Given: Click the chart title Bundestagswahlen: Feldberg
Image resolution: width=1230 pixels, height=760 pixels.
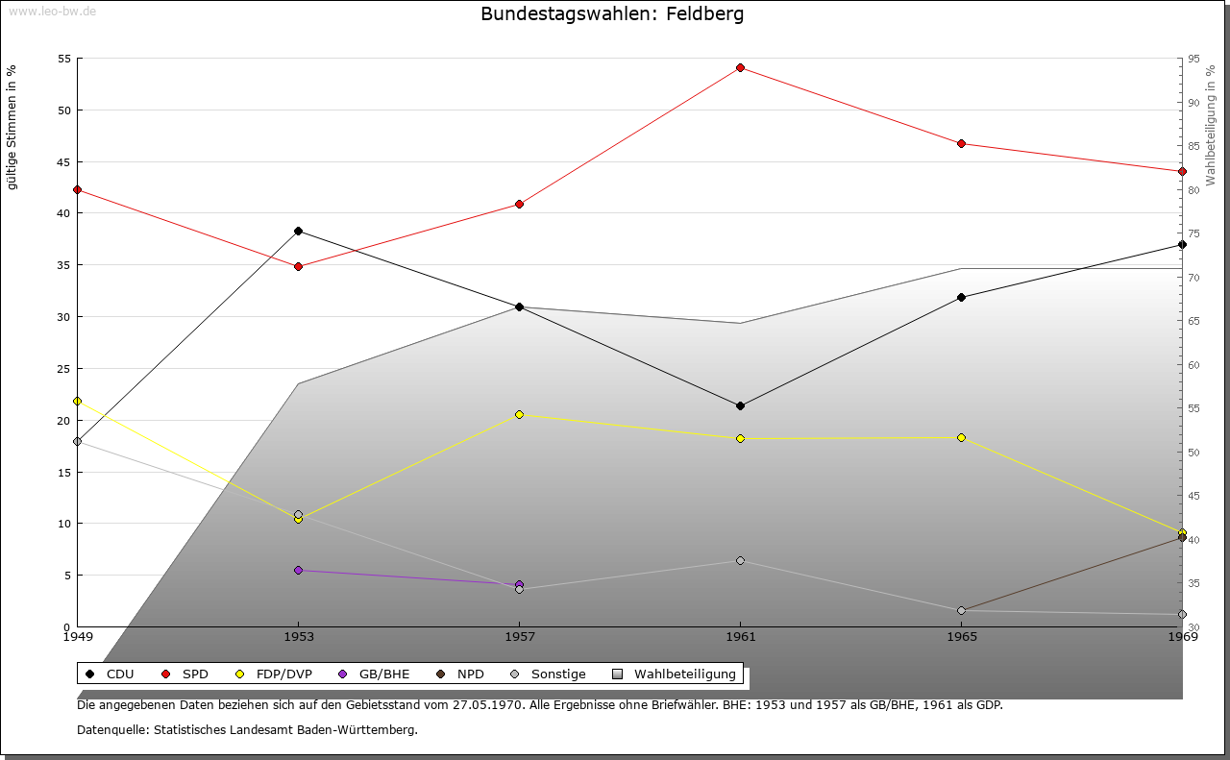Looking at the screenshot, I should (612, 13).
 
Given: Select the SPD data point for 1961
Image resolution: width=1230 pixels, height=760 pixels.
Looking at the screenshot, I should (740, 67).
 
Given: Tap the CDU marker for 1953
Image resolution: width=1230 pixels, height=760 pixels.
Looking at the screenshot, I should (298, 231).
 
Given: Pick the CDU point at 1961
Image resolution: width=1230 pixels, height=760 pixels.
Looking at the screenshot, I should (740, 405).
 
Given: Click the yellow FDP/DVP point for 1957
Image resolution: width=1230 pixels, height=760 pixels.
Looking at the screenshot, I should (519, 414).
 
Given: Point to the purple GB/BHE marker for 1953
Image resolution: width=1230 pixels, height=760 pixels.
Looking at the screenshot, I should (298, 570).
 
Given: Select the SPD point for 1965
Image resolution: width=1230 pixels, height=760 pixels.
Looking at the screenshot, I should (961, 143).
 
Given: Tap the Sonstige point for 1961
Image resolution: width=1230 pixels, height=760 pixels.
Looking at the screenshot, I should (740, 560).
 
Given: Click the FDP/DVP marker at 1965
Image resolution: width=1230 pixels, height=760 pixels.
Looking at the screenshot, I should (961, 437).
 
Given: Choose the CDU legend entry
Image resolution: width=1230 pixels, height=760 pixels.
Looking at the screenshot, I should (111, 674).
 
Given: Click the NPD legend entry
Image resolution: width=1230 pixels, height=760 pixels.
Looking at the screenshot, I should (460, 674).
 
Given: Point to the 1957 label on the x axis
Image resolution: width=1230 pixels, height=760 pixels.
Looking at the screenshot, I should (519, 636).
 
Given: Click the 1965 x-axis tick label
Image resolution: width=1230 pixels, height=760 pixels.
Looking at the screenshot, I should (961, 636).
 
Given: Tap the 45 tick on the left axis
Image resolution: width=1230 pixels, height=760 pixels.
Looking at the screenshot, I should (64, 161).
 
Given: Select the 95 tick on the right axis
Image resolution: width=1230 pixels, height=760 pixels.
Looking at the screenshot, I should (1193, 59).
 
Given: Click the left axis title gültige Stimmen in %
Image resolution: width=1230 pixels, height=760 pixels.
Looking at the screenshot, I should (12, 127).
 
